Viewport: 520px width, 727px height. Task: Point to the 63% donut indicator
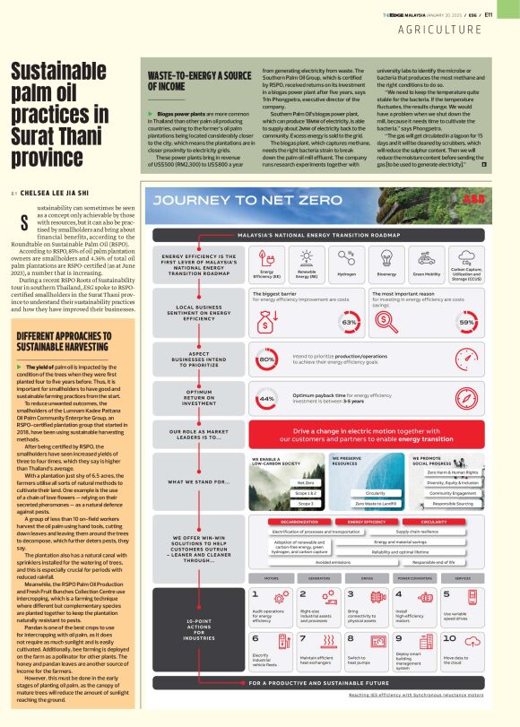pyautogui.click(x=348, y=320)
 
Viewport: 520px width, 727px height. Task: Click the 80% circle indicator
pyautogui.click(x=266, y=359)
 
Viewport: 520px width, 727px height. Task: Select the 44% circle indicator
pyautogui.click(x=266, y=397)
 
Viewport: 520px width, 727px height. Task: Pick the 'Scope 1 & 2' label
pyautogui.click(x=305, y=493)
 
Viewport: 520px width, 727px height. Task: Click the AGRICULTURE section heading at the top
pyautogui.click(x=466, y=30)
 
